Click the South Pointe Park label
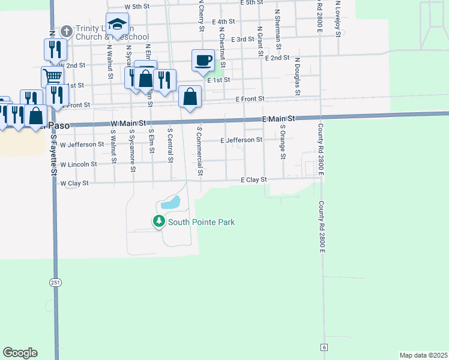coord(201,223)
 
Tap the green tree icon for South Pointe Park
coord(159,222)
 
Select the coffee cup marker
coord(203,60)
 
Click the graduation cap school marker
coord(117,25)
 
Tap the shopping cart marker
coord(52,77)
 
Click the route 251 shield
coord(56,281)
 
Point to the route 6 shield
coord(324,347)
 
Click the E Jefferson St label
coord(241,140)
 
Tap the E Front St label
coord(250,99)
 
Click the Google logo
coord(20,353)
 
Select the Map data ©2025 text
coord(423,355)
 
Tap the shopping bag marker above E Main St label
coord(190,97)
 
